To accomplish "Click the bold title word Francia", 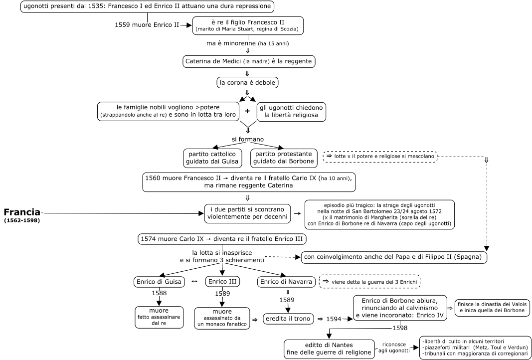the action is click(x=22, y=212).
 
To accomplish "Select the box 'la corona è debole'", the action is click(x=247, y=82).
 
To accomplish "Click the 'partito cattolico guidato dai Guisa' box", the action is click(x=213, y=158).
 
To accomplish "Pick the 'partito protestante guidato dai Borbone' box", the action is click(x=284, y=158).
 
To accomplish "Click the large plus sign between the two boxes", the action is click(x=247, y=111).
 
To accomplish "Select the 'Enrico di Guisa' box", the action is click(x=159, y=282).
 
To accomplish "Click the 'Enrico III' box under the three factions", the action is click(x=222, y=282).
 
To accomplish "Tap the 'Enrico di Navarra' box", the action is click(x=286, y=282).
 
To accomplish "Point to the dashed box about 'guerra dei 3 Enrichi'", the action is click(x=370, y=282).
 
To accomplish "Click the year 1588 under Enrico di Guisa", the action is click(x=159, y=293).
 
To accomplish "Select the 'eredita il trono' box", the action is click(x=288, y=319).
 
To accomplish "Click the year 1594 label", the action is click(x=334, y=319).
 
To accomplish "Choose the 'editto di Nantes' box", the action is click(x=329, y=349).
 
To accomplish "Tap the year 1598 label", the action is click(x=400, y=328).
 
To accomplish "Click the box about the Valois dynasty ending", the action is click(x=492, y=308).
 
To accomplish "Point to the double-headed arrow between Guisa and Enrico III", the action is click(x=195, y=282).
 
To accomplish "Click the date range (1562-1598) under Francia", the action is click(x=22, y=221).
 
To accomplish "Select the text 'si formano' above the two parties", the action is click(x=247, y=140).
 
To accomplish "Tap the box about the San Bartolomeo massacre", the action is click(x=379, y=214).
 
